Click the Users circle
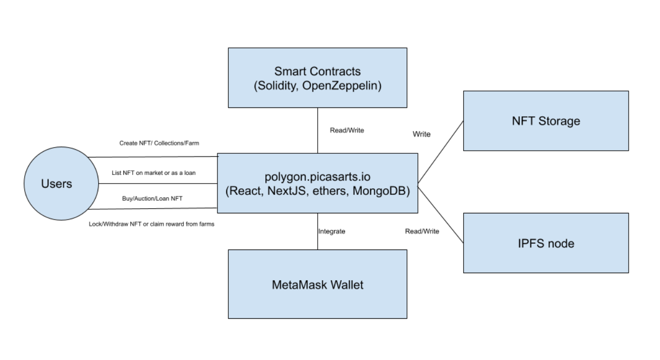[61, 184]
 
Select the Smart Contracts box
[318, 78]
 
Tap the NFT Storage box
[546, 121]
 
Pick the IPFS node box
[546, 243]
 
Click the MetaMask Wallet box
[318, 284]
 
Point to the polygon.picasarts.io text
[318, 177]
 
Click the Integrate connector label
[332, 231]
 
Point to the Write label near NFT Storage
[421, 134]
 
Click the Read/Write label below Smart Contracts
[347, 130]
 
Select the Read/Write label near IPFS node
[422, 231]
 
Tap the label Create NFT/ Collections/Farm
[159, 143]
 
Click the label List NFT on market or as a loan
[154, 173]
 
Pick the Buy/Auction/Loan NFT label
[152, 199]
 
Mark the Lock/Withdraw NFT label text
[152, 224]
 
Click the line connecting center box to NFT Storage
[441, 152]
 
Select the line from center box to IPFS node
[441, 215]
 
